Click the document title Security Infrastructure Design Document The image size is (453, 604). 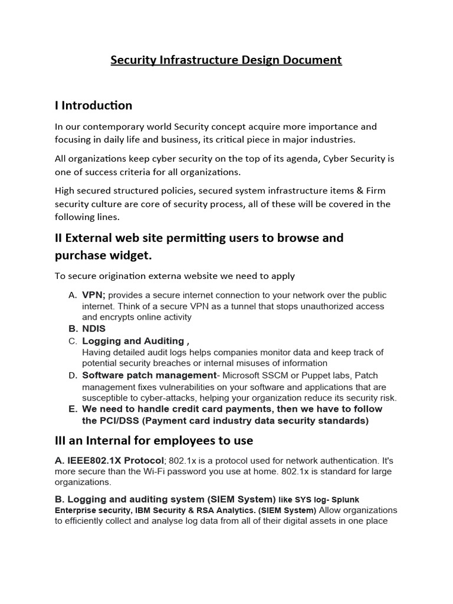click(x=226, y=60)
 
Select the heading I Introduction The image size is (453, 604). click(x=93, y=106)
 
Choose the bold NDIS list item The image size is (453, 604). click(x=94, y=329)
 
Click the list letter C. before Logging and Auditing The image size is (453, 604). click(x=73, y=341)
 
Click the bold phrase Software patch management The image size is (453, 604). click(x=149, y=375)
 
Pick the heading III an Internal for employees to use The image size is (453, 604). click(x=153, y=441)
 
